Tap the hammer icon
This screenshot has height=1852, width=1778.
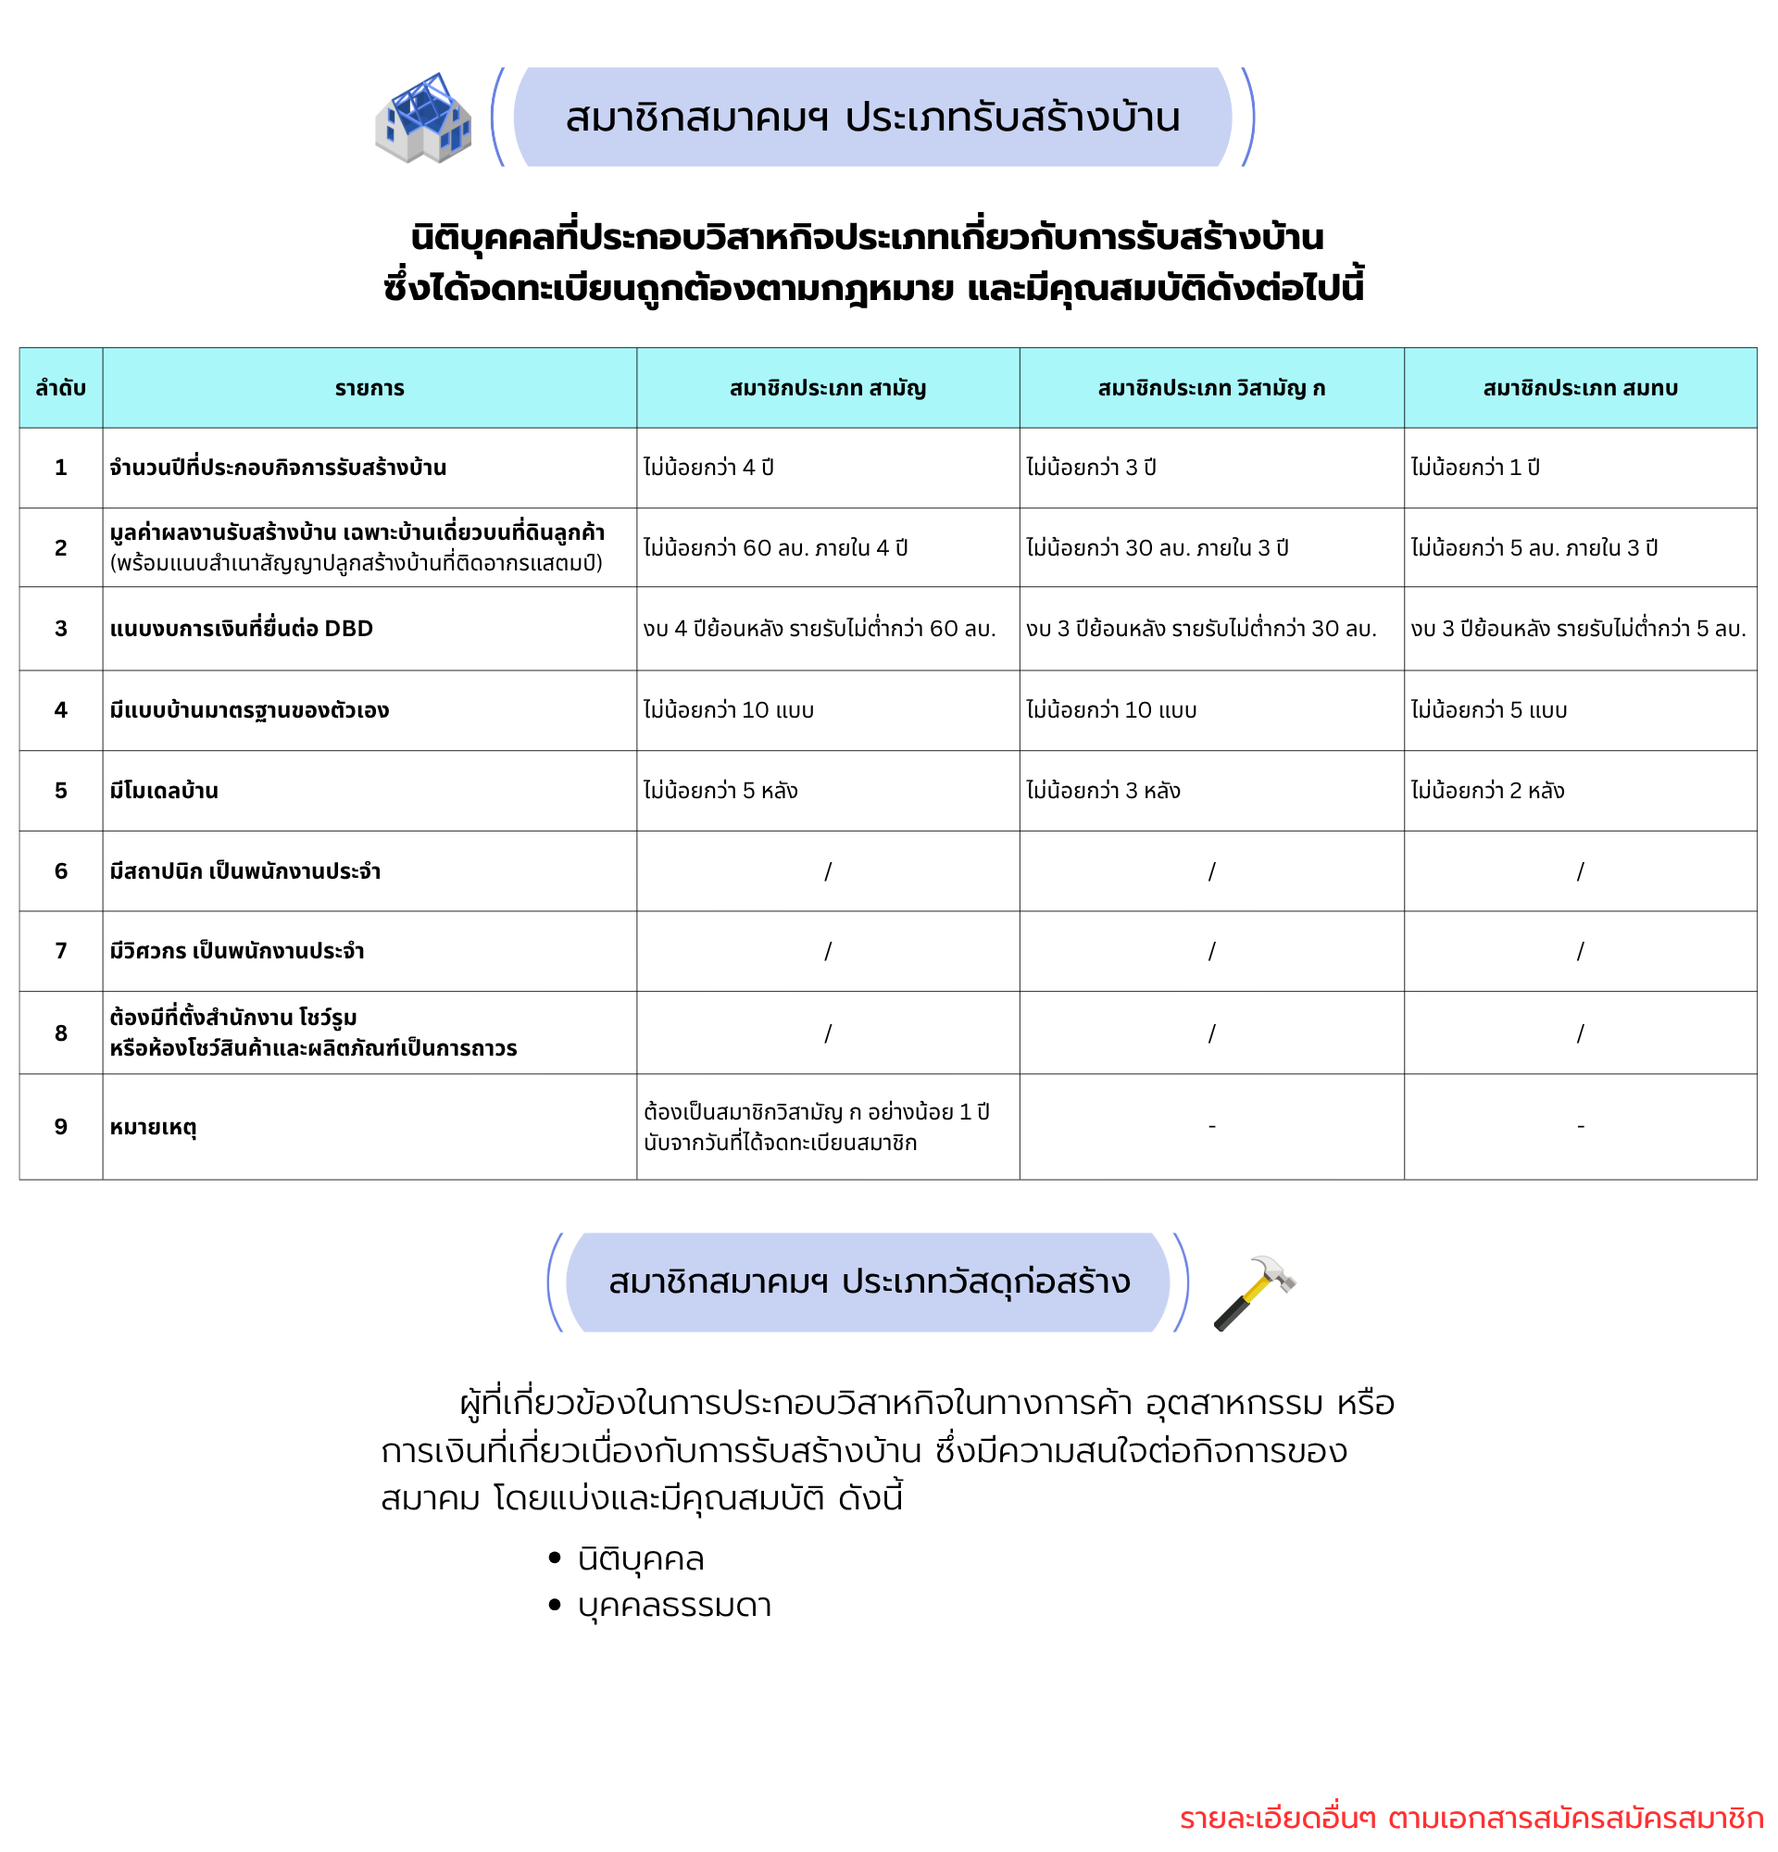(1254, 1292)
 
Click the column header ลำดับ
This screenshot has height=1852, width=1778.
(60, 388)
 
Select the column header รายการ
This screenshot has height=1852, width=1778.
(369, 388)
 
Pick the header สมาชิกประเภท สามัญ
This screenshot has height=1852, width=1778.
(828, 388)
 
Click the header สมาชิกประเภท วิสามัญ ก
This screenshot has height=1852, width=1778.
(1211, 388)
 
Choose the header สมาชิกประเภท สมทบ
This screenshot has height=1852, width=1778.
(1580, 388)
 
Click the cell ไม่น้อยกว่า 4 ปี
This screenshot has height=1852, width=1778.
(708, 468)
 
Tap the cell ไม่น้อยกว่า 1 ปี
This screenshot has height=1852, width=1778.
(1475, 468)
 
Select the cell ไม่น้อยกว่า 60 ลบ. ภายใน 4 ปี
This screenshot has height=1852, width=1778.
(776, 548)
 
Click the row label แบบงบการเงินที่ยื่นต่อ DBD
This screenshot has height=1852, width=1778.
(241, 629)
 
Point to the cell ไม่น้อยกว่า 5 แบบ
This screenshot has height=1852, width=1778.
(1489, 710)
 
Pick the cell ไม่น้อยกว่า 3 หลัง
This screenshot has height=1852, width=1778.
(1104, 791)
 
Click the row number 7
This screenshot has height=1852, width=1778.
(60, 951)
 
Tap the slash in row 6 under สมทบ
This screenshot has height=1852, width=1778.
(1580, 871)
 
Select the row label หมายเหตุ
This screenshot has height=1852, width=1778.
(153, 1127)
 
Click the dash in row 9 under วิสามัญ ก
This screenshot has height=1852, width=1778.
(1211, 1127)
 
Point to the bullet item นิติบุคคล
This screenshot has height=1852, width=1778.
(641, 1559)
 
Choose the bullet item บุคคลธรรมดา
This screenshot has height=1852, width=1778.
(674, 1606)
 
